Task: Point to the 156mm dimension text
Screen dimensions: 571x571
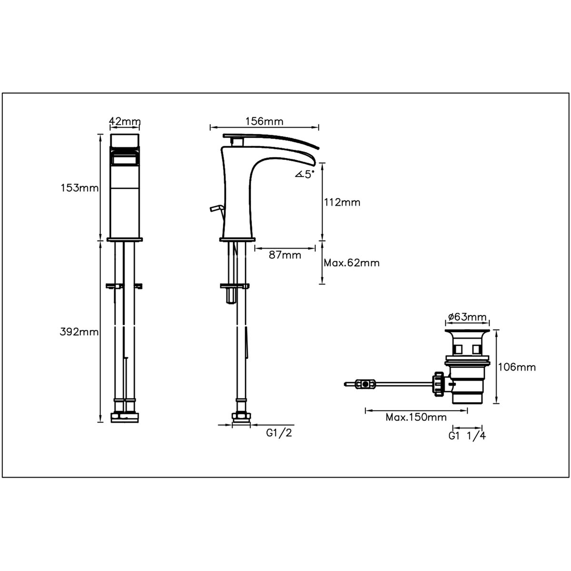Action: (x=264, y=121)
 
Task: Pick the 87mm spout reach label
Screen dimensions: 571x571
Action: (x=285, y=255)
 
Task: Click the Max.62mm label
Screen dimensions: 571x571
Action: (x=352, y=263)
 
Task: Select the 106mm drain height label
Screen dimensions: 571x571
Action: (x=517, y=367)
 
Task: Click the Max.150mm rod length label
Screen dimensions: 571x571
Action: (x=416, y=417)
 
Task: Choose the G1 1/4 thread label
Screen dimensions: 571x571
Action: (x=467, y=435)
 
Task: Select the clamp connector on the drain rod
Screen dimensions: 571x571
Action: (x=365, y=383)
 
